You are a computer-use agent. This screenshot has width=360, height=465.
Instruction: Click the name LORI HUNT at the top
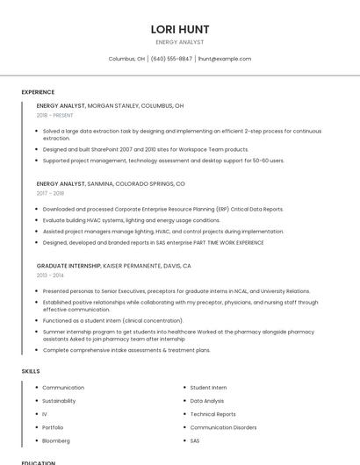pos(180,29)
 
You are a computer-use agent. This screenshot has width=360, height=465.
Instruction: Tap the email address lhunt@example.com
pos(224,59)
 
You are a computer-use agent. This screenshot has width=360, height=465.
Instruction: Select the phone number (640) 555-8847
pos(171,59)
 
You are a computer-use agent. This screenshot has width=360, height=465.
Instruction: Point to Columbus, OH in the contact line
pos(126,59)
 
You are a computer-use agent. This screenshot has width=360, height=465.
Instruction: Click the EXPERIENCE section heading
pos(38,92)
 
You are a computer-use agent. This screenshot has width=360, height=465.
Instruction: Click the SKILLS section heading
pos(31,371)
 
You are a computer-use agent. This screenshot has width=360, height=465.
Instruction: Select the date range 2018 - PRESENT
pos(54,115)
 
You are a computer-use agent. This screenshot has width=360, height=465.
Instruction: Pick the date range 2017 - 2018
pos(50,193)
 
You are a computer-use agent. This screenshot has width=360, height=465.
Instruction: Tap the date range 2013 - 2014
pos(50,275)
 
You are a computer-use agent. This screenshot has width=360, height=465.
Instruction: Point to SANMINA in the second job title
pos(103,184)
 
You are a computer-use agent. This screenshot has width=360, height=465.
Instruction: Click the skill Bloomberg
pos(56,440)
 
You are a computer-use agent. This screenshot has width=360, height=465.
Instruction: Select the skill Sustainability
pos(59,400)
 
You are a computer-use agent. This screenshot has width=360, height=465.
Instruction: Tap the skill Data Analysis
pos(207,400)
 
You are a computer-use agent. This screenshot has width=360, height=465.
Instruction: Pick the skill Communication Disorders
pos(223,427)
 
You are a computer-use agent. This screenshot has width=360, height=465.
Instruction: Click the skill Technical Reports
pos(212,414)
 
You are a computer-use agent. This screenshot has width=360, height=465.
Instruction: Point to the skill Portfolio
pos(53,427)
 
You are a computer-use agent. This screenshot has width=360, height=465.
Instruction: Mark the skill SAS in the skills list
pos(195,440)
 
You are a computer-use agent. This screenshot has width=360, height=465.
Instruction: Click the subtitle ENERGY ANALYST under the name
pos(180,42)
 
